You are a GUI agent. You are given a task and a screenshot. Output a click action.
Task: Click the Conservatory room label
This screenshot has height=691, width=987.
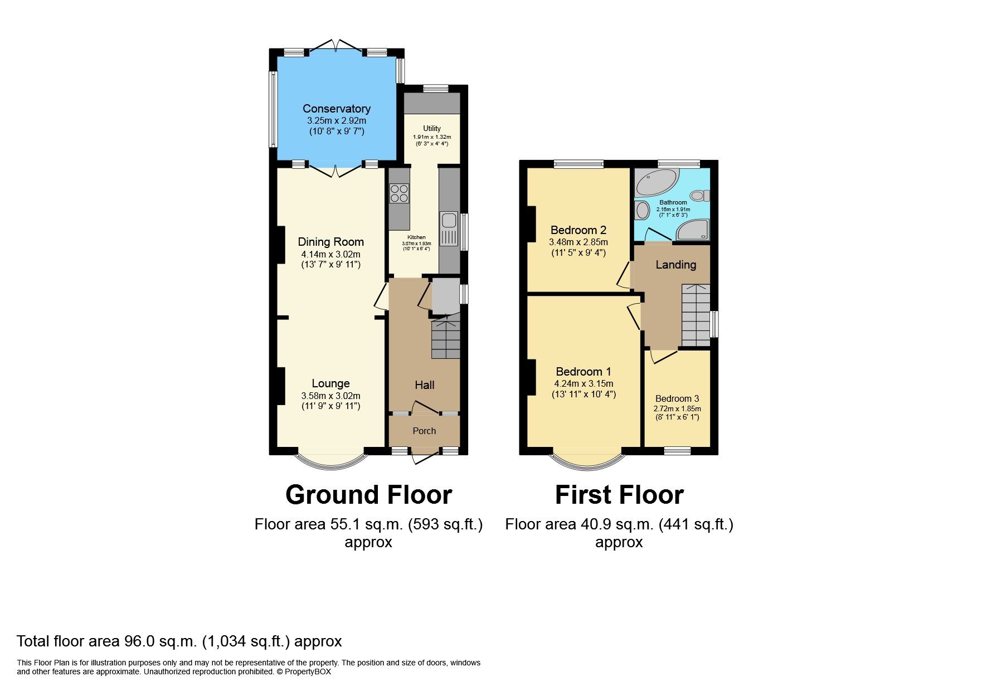[x=336, y=109]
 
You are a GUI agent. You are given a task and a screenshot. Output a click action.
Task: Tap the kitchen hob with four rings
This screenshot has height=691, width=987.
[x=399, y=193]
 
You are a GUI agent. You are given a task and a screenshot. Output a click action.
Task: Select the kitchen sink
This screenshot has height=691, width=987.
[x=448, y=228]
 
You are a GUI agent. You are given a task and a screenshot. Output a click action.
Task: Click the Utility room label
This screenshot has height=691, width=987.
[x=431, y=128]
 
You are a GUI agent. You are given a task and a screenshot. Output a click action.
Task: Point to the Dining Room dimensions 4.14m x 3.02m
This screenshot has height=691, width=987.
[x=330, y=254]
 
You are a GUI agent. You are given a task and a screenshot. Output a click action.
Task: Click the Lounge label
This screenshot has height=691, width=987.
[x=330, y=383]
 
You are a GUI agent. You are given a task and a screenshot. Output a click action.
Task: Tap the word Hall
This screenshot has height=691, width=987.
[x=424, y=385]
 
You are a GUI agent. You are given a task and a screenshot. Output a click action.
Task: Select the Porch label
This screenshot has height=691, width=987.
[x=424, y=431]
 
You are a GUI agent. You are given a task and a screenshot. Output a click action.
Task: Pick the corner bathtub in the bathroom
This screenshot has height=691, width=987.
[x=656, y=181]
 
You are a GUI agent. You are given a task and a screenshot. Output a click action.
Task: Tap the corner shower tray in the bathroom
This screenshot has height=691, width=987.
[x=693, y=230]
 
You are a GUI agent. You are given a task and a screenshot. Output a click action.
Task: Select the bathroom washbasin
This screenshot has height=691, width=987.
[x=642, y=211]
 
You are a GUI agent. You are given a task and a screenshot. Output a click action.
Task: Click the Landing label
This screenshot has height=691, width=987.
[x=675, y=265]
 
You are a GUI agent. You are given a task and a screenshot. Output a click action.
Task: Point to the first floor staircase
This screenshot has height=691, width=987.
[x=696, y=315]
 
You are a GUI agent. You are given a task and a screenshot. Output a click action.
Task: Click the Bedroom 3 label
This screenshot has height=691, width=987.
[x=677, y=398]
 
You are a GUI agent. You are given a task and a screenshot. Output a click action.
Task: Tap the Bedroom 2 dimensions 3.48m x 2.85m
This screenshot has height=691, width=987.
[x=578, y=242]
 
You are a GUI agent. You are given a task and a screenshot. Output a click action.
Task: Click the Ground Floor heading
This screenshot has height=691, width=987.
[x=368, y=495]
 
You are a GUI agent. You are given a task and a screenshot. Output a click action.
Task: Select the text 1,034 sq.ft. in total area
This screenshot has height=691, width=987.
[x=246, y=641]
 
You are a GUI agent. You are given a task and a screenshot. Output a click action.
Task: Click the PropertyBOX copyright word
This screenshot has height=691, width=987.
[x=308, y=672]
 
